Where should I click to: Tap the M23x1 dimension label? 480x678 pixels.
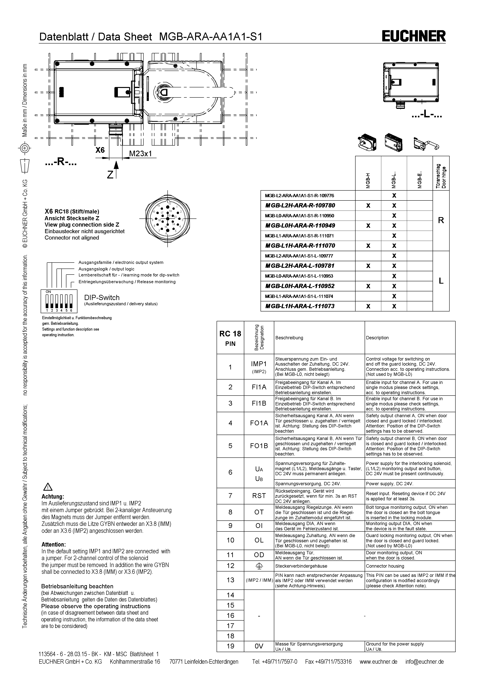tap(140, 154)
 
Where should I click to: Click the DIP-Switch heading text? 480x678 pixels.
tap(102, 297)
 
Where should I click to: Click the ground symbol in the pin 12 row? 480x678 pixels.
tap(259, 566)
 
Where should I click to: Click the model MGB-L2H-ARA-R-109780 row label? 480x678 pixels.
tap(300, 206)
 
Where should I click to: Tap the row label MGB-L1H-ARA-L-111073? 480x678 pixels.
tap(300, 306)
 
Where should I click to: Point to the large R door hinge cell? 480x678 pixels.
tap(441, 220)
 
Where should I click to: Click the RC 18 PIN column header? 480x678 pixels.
tap(230, 338)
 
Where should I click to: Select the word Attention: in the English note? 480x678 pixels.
tap(53, 544)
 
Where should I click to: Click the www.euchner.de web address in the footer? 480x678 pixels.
tap(378, 661)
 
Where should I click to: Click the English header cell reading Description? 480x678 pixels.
tap(377, 338)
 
